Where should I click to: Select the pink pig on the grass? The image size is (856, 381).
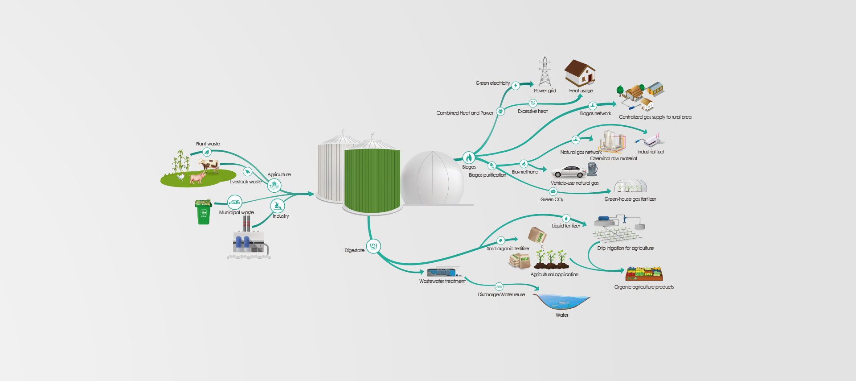pos(197,178)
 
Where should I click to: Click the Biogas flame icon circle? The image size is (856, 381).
pos(468,157)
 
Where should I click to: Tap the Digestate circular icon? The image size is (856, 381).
pos(373,246)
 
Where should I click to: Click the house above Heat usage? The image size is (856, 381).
pos(580,73)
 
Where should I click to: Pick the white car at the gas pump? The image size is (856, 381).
pos(569,172)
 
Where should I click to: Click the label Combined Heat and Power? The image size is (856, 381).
pos(465,113)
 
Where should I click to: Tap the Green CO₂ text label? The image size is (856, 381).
pos(552,199)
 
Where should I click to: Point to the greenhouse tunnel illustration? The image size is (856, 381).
pos(630,186)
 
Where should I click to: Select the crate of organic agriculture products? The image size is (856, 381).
pos(644,273)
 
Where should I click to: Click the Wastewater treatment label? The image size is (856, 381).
pos(442,281)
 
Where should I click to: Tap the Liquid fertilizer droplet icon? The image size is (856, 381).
pos(566,218)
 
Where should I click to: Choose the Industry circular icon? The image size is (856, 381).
pos(277,206)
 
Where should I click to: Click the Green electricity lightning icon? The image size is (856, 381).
pos(516,86)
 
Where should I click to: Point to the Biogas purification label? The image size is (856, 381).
pos(487,175)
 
